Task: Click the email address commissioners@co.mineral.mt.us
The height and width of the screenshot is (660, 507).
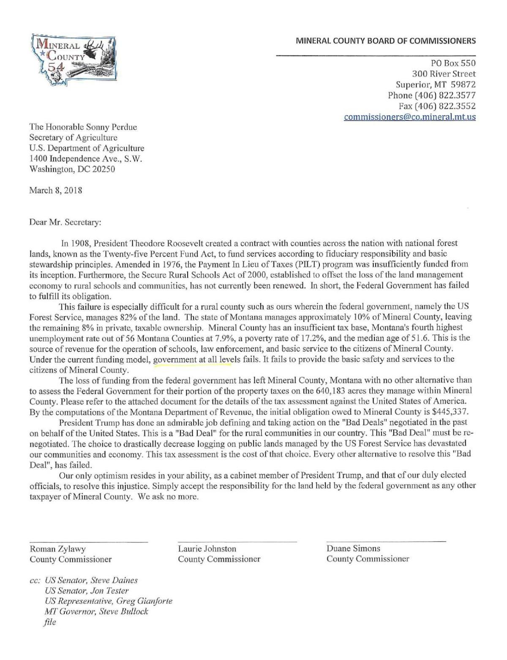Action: [x=409, y=117]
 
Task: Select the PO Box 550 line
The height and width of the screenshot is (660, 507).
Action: [x=452, y=63]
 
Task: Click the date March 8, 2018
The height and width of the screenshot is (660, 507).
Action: [x=55, y=190]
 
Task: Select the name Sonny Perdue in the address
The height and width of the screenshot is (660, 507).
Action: [x=114, y=127]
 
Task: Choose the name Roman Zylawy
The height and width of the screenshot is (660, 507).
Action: [x=57, y=549]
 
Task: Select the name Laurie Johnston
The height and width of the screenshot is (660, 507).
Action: [x=207, y=549]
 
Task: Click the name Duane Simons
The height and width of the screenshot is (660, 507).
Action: [x=353, y=548]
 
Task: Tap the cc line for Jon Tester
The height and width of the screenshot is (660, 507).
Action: [x=87, y=591]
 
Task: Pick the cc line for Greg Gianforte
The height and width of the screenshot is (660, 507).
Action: [x=109, y=601]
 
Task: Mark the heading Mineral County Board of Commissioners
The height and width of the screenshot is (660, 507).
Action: [x=385, y=41]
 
